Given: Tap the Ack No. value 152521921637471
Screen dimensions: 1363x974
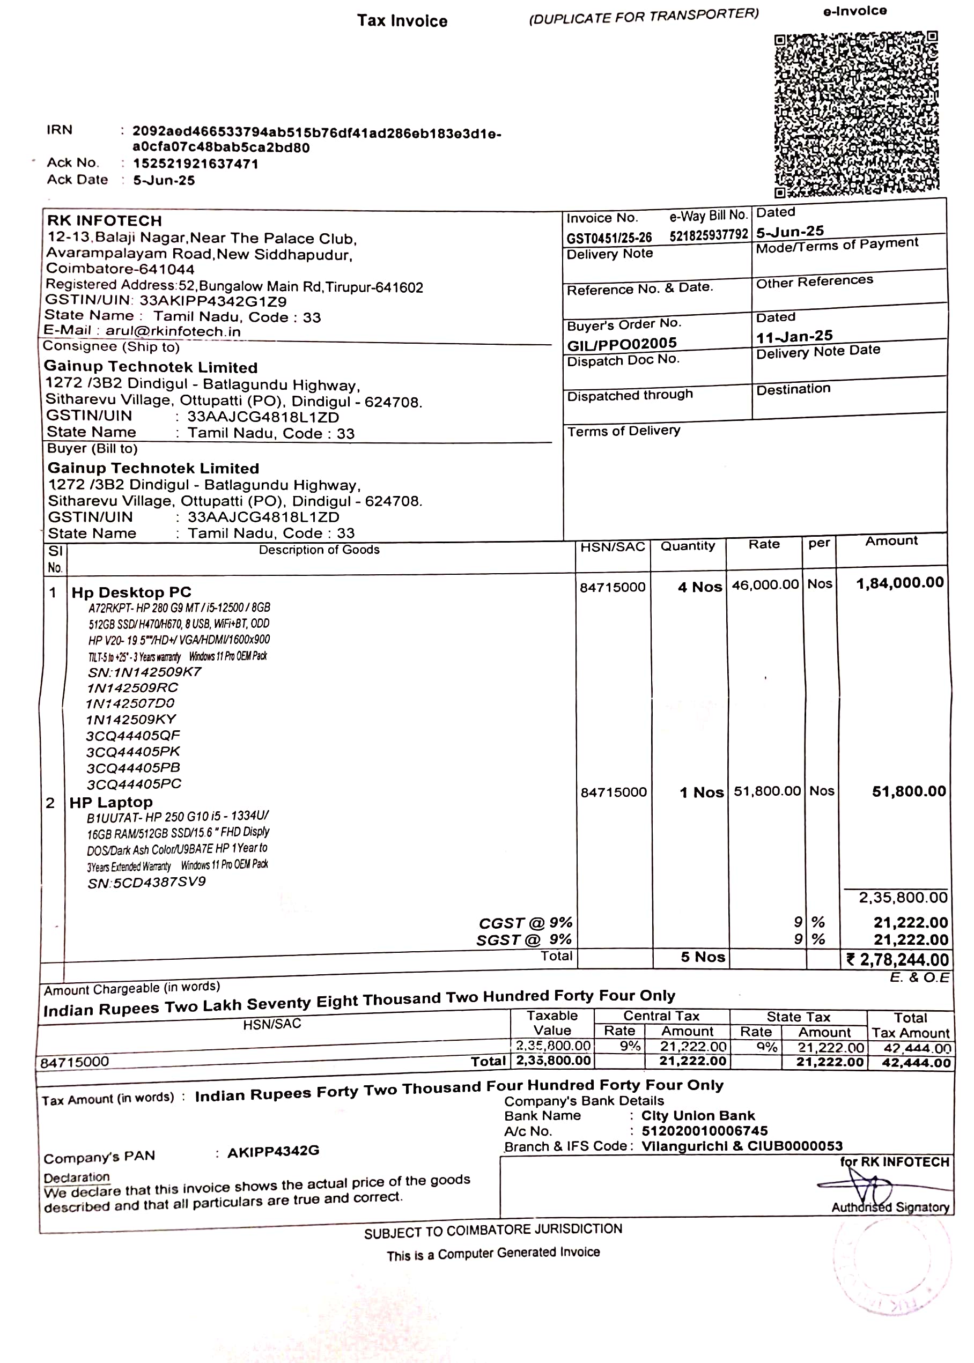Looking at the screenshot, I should click(x=196, y=164).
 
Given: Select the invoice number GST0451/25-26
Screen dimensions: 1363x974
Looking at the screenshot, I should click(x=609, y=238).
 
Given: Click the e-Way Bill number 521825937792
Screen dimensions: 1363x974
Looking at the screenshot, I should click(x=709, y=235).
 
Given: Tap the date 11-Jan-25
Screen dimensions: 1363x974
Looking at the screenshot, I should click(x=794, y=336).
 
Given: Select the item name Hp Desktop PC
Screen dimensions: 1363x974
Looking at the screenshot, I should click(x=131, y=592).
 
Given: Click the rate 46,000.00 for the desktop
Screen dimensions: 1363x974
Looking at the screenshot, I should click(x=765, y=584).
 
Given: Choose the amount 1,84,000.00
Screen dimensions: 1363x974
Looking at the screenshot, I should click(x=899, y=582).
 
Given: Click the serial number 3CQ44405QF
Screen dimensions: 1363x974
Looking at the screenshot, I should click(x=132, y=736).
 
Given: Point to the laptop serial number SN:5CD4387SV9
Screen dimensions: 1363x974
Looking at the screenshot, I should click(x=146, y=882).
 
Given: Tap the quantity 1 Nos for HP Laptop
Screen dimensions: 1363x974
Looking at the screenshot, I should click(x=701, y=792).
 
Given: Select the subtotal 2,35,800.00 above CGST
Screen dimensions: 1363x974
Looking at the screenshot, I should click(x=903, y=898).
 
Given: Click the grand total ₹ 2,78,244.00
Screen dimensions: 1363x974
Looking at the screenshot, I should click(x=897, y=959).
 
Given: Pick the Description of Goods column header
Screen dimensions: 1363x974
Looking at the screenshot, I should click(x=319, y=550).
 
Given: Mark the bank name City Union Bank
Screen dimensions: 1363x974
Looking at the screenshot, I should click(x=697, y=1115).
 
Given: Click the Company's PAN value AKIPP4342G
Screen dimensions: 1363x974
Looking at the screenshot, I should click(x=273, y=1151).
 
